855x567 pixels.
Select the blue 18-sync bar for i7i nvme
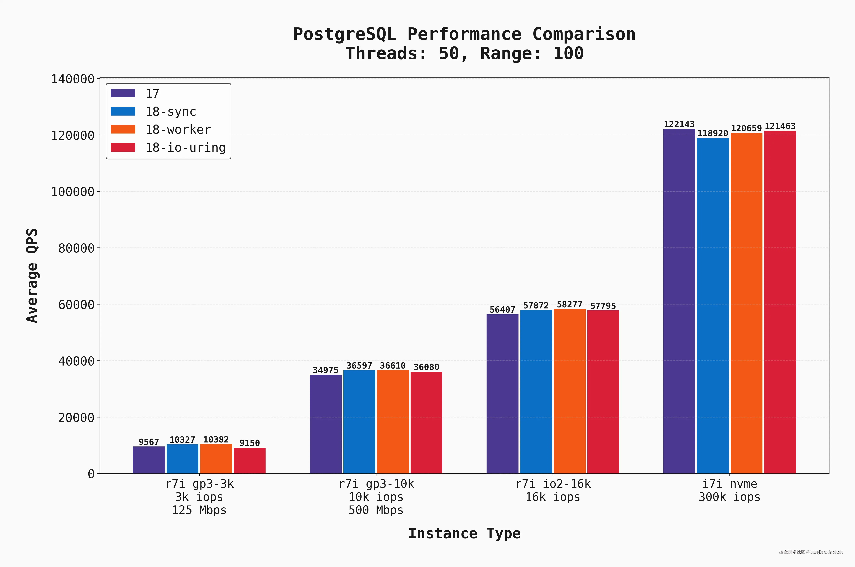coord(713,306)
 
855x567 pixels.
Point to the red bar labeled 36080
coord(426,422)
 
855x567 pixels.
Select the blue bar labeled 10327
coord(182,459)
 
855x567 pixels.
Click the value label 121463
coord(780,126)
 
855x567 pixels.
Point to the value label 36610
coord(393,366)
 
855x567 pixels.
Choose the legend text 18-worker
coord(178,130)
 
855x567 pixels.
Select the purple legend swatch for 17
coord(123,93)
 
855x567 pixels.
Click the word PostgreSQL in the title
coord(344,34)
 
